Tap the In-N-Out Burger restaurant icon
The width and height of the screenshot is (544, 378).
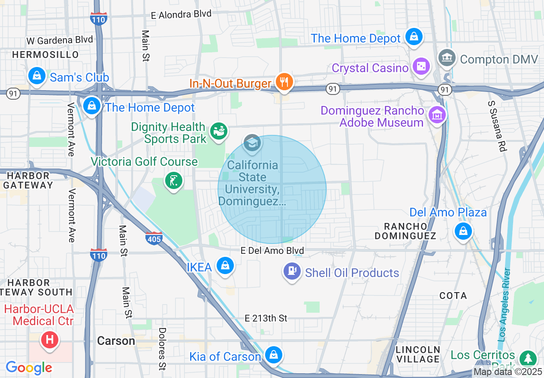point(284,81)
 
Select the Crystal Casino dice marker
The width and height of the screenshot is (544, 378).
point(421,67)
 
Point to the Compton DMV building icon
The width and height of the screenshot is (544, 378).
point(447,58)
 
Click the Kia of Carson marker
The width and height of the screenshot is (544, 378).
point(273,355)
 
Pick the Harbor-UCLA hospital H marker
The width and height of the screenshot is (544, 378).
point(49,340)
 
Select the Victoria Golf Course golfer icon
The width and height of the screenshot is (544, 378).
point(174,181)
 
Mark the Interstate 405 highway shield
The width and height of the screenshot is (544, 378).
point(154,238)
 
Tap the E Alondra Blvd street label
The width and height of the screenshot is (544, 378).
point(181,15)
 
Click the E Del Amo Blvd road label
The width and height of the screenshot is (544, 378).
point(272,251)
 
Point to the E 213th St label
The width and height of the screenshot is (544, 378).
point(266,318)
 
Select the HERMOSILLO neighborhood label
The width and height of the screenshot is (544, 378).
point(45,55)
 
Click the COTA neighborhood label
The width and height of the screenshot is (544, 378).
point(453,296)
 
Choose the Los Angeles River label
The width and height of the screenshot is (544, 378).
point(505,305)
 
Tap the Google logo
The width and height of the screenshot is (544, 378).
point(28,368)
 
